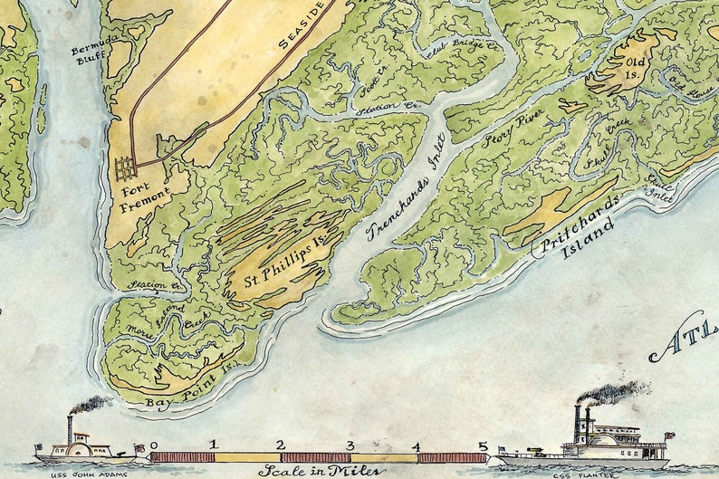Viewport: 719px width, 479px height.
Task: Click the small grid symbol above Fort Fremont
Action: (125, 168)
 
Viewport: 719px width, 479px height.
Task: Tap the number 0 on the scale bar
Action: (155, 445)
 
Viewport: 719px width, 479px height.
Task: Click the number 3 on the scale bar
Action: (350, 445)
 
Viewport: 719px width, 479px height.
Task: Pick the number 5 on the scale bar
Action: (484, 445)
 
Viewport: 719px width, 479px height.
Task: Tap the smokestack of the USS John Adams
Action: (70, 427)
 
